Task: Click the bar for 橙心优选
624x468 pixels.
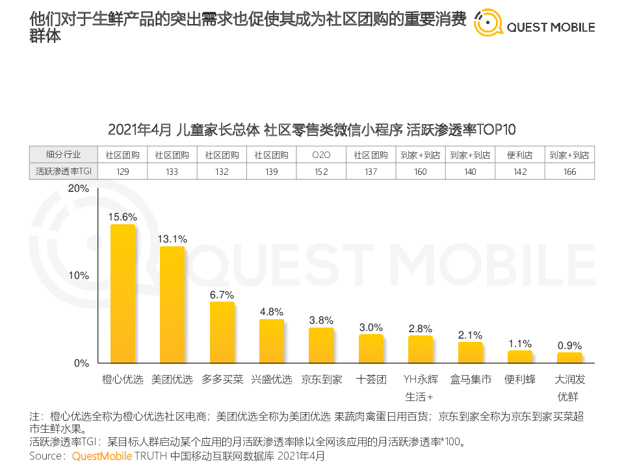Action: coord(123,294)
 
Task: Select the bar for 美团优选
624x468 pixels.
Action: coord(172,305)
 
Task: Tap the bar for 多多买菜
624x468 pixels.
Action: coord(222,332)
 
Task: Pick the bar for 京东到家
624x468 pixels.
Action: coord(321,345)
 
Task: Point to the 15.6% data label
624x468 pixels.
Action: coord(123,217)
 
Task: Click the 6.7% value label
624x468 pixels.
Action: coord(222,294)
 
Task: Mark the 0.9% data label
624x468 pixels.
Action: coord(569,346)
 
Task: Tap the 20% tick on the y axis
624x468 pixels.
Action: coord(78,188)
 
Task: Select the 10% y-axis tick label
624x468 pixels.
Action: coord(78,276)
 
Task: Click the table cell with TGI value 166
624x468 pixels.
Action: coord(569,172)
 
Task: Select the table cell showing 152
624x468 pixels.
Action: coord(321,172)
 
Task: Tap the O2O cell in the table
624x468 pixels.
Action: coord(321,155)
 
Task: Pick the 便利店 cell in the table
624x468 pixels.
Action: coord(520,155)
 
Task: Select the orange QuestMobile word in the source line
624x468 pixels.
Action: coord(102,456)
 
